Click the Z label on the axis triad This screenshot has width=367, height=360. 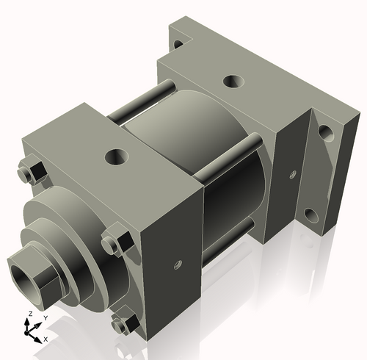[x=29, y=314]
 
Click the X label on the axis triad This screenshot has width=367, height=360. [x=46, y=339]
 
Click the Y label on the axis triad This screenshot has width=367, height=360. [x=45, y=317]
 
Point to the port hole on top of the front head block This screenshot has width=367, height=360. [x=115, y=156]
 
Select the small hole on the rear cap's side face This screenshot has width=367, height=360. [x=293, y=174]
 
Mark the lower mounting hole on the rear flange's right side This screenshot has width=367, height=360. [x=313, y=216]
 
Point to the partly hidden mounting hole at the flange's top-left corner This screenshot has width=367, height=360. [x=178, y=44]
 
